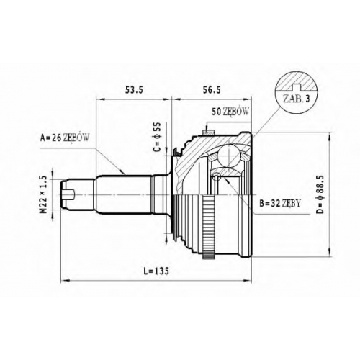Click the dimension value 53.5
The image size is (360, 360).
(x=134, y=90)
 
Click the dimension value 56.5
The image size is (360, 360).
(x=212, y=90)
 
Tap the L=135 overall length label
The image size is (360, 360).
(x=156, y=271)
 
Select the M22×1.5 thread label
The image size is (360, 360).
(x=43, y=194)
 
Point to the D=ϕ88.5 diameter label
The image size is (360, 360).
(x=320, y=194)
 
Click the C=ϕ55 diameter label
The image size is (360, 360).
(x=157, y=138)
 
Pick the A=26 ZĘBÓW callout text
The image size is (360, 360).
(x=66, y=138)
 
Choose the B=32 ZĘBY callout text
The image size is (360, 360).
(x=280, y=204)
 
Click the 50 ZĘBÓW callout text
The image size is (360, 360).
(x=230, y=112)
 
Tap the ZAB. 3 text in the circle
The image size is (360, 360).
(x=296, y=99)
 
